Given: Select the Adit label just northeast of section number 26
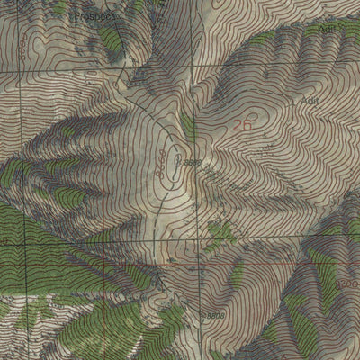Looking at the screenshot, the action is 311,102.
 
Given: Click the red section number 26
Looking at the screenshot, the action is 242,127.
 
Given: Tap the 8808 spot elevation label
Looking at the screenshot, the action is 213,316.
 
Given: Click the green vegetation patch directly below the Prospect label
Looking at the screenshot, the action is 112,40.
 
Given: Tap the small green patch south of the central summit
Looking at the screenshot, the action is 219,232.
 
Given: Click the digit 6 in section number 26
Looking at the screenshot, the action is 247,127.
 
